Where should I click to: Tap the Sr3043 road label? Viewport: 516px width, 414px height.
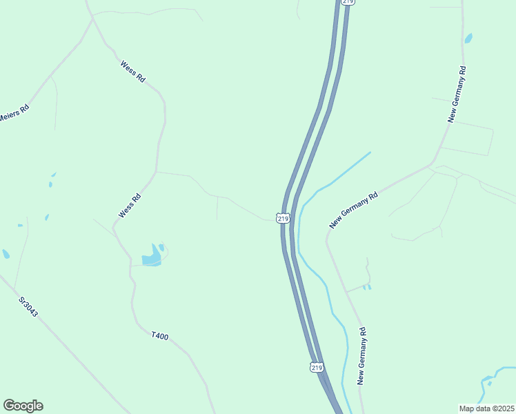click(x=28, y=307)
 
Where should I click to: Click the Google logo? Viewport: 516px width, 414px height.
click(x=23, y=406)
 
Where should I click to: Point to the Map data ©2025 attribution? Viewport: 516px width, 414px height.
click(x=486, y=408)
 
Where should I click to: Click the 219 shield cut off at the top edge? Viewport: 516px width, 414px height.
click(x=348, y=2)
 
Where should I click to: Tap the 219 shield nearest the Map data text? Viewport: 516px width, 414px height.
click(x=317, y=367)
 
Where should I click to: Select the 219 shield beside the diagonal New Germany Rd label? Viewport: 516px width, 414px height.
click(x=283, y=218)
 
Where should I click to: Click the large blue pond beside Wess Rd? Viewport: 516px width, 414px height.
click(x=152, y=256)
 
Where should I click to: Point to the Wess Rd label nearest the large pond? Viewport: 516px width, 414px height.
click(x=130, y=206)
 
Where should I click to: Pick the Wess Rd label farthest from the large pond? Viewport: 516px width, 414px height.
click(x=132, y=72)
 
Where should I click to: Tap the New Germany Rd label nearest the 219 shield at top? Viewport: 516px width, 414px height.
click(x=457, y=95)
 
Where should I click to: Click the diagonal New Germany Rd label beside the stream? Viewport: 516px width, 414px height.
click(x=354, y=210)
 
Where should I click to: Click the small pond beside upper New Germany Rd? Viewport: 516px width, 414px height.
click(x=468, y=38)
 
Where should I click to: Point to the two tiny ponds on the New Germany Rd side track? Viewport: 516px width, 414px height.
click(x=366, y=286)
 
